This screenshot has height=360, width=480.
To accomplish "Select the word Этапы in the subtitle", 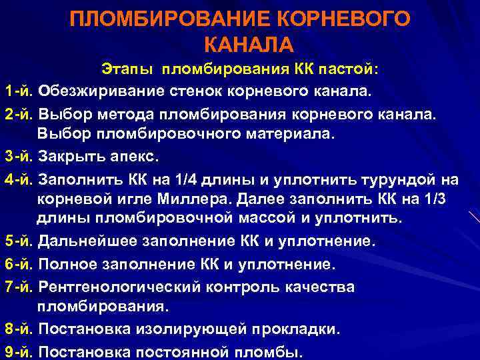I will [126, 69].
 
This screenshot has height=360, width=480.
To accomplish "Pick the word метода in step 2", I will [159, 113].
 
